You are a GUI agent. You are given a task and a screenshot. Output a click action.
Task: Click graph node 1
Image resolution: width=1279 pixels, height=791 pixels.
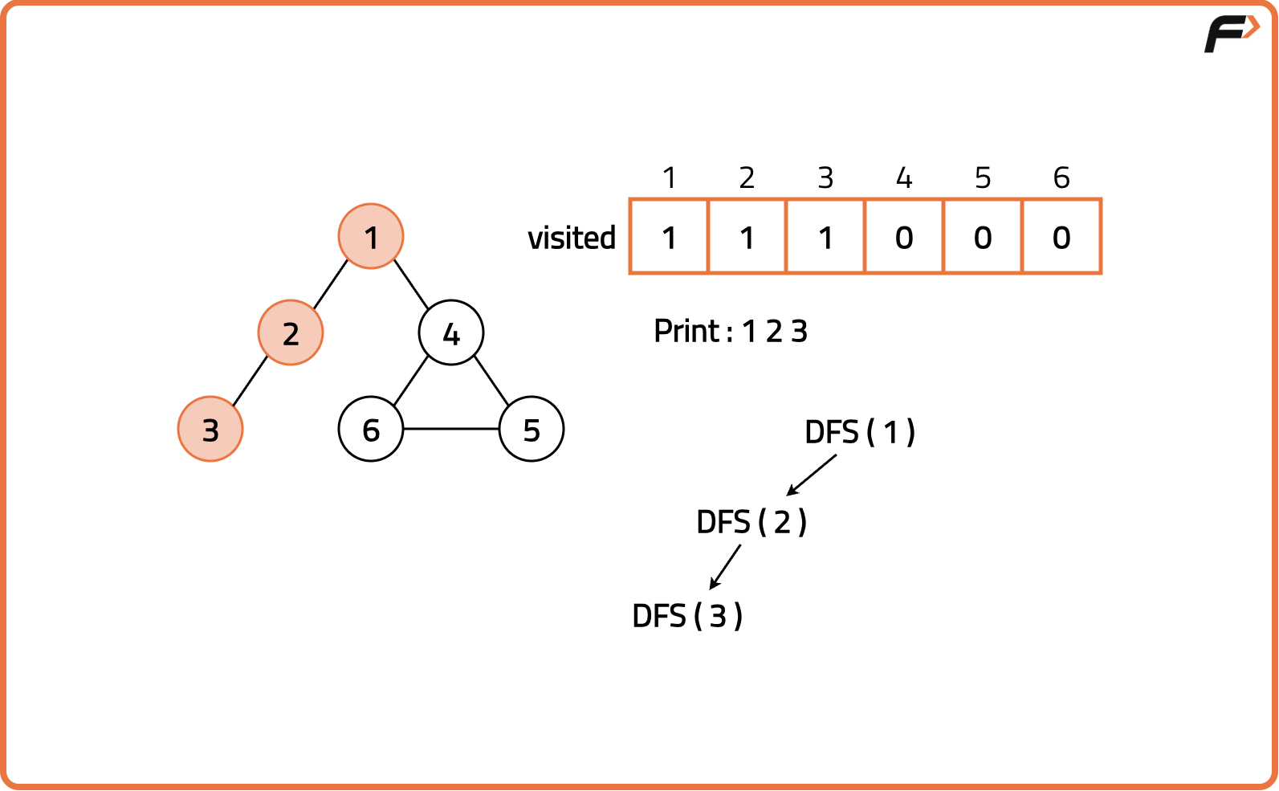click(371, 236)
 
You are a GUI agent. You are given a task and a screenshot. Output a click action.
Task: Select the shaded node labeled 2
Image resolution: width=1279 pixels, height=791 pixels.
click(291, 332)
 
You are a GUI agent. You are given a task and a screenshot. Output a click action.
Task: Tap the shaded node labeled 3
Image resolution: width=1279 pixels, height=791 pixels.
click(210, 429)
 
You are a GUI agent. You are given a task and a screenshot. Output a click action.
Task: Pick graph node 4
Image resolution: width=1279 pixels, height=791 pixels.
click(451, 332)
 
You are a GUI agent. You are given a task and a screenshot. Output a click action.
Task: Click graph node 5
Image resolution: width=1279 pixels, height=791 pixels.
click(532, 429)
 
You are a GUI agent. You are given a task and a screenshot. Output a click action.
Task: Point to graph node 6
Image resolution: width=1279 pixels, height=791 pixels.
click(371, 429)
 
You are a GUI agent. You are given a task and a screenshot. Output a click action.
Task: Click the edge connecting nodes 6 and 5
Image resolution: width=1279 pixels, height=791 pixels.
click(451, 429)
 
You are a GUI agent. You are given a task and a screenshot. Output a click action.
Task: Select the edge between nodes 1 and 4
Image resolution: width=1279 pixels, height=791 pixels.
click(411, 284)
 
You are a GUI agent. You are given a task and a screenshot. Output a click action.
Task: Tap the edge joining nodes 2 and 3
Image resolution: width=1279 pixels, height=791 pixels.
click(251, 381)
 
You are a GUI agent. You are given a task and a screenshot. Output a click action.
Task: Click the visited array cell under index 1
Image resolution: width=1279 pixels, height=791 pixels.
click(669, 237)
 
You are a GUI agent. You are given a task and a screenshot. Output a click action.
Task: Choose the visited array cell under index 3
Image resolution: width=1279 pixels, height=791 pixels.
click(825, 237)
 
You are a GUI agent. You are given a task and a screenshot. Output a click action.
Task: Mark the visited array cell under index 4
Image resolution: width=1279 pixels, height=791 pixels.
click(904, 237)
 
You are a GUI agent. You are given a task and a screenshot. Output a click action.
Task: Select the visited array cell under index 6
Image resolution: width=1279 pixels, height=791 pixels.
click(1061, 237)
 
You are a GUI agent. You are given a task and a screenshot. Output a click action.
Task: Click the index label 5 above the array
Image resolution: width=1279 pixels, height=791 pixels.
click(983, 177)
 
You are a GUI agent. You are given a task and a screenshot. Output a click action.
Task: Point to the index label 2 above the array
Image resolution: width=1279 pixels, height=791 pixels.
click(747, 177)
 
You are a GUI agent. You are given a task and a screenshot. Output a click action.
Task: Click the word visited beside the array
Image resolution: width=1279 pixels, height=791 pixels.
click(572, 238)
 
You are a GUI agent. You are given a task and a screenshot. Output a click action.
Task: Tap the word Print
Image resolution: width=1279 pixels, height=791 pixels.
click(687, 331)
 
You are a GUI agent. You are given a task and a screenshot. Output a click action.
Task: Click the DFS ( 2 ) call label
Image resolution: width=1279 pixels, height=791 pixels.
click(752, 523)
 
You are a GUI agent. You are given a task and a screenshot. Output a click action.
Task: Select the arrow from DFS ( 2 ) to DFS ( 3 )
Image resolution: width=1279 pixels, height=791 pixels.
click(726, 566)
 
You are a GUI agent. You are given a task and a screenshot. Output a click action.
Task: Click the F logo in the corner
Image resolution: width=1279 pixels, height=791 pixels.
click(1231, 33)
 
